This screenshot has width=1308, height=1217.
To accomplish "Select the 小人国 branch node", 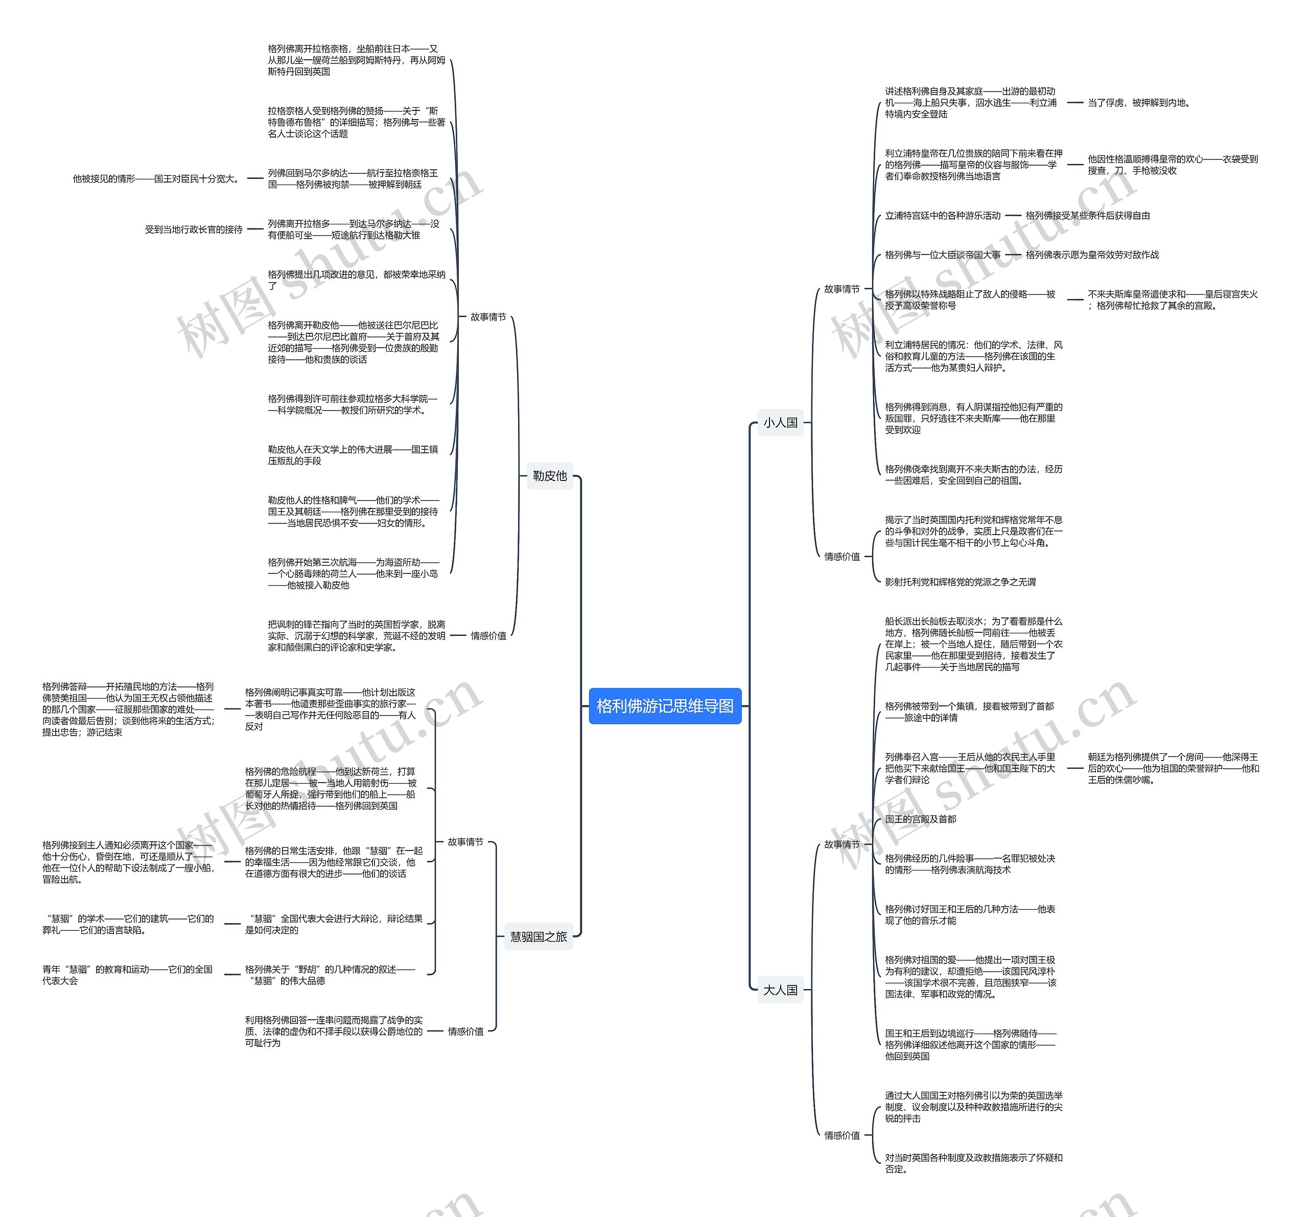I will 780,423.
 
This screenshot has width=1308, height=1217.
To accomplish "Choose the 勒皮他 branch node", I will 549,475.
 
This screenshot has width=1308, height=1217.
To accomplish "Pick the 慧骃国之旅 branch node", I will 538,936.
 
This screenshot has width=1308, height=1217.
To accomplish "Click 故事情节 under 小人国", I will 842,289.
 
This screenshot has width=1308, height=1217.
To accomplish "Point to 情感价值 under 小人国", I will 842,556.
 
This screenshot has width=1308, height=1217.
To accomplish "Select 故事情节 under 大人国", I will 842,844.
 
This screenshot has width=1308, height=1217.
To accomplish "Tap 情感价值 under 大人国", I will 842,1135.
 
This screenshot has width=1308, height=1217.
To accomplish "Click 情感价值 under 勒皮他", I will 488,635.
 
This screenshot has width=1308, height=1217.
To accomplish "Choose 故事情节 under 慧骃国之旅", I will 465,841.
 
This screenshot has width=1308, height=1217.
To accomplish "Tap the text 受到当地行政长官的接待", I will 194,229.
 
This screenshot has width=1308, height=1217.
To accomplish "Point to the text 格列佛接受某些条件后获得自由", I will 1087,215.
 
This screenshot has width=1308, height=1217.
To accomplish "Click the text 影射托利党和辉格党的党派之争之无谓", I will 960,582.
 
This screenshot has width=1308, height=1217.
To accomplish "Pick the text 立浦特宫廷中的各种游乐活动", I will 942,215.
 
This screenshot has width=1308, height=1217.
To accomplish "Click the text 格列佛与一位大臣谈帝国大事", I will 942,255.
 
